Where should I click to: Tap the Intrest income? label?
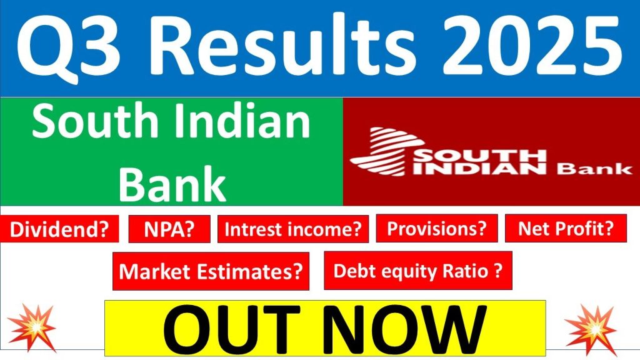[293, 229]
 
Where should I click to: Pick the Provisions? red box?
[436, 229]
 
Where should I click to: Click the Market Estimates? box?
[211, 271]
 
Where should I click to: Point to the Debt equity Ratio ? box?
[418, 271]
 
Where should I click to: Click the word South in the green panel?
[93, 124]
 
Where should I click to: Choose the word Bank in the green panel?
[172, 183]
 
